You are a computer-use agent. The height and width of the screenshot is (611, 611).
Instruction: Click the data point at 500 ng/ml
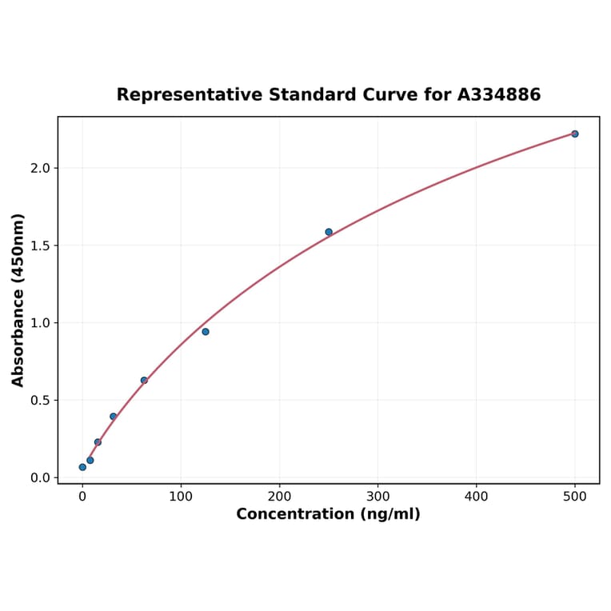coord(575,134)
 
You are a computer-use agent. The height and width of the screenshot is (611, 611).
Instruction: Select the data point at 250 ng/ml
coord(329,232)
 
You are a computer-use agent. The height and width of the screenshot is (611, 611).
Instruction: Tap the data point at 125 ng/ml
coord(206,332)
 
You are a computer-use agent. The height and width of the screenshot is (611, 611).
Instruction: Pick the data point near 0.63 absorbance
coord(144,381)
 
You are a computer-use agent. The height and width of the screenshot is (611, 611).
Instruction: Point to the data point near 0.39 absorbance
coord(114,417)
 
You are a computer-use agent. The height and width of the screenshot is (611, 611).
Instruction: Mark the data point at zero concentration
coord(82,467)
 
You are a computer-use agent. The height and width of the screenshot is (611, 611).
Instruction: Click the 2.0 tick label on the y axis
coord(40,169)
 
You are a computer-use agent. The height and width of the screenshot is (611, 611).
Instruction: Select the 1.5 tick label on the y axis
coord(40,246)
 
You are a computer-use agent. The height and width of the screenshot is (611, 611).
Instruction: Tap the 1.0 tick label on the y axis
coord(40,323)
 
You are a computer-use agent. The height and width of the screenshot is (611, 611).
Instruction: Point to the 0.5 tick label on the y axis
coord(40,401)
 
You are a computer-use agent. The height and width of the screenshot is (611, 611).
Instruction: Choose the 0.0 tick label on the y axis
coord(40,478)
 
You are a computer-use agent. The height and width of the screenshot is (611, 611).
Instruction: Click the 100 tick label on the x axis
coord(181,497)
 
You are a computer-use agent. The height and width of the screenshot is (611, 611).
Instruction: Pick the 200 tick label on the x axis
coord(279,497)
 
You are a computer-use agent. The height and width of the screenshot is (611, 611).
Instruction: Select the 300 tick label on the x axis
coord(377,497)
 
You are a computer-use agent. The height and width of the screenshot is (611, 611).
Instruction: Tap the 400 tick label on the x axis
coord(477,497)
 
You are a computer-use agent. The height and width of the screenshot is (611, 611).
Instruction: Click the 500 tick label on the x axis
coord(575,497)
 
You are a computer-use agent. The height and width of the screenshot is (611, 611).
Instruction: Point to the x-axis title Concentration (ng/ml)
coord(328,514)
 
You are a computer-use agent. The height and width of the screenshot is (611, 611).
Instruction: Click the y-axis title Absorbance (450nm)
coord(18,300)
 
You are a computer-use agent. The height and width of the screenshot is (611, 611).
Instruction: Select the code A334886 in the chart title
coord(499,95)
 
